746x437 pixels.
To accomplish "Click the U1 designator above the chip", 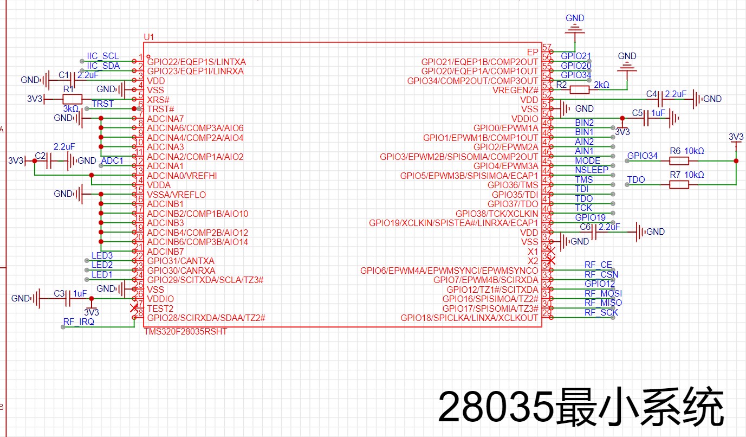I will click(x=149, y=37).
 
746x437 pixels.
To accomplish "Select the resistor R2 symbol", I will click(x=579, y=89).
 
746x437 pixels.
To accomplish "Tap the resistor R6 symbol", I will click(x=679, y=160).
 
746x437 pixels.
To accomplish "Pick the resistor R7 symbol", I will click(x=679, y=184).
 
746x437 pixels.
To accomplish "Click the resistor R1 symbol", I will click(x=72, y=99).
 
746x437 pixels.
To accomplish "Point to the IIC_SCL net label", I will click(x=102, y=56).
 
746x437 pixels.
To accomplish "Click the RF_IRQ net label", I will click(x=79, y=322).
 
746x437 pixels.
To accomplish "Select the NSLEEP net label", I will click(x=592, y=170).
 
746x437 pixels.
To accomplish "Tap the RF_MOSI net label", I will click(x=603, y=293).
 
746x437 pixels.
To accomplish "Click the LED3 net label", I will click(x=102, y=256).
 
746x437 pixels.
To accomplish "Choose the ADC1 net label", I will click(x=113, y=161).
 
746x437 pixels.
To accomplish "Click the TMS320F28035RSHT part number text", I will click(x=185, y=331).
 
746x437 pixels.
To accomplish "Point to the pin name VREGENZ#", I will click(x=515, y=90).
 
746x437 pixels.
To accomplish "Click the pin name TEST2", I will click(x=160, y=308).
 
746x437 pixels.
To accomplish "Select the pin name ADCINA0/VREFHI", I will click(x=183, y=176).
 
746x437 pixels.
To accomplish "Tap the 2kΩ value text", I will click(x=601, y=85).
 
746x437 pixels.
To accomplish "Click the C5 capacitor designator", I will click(x=638, y=113).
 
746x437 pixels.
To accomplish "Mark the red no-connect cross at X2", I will click(x=552, y=261).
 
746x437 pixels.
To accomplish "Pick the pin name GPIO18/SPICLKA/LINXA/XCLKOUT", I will click(x=470, y=318).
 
